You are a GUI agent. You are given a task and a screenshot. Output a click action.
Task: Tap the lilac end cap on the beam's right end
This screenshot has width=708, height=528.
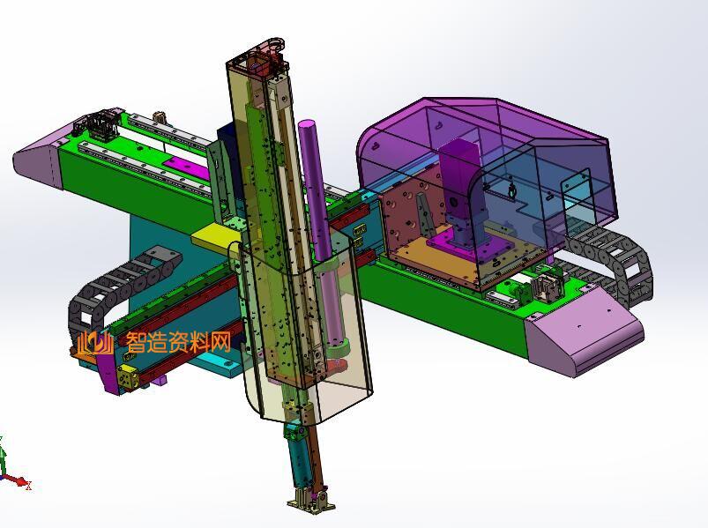tap(585, 331)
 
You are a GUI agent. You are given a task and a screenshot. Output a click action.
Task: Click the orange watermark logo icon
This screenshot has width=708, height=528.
tap(95, 344)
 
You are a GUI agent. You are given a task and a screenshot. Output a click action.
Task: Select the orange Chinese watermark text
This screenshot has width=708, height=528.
tap(178, 342)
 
